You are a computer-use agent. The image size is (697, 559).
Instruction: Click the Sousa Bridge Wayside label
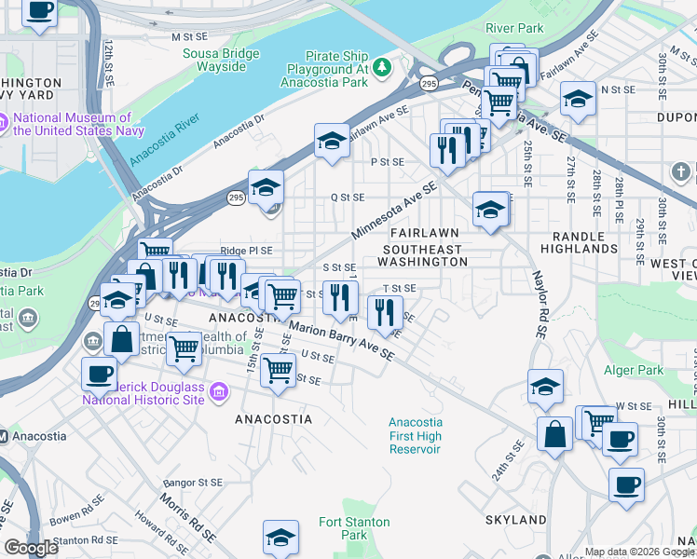[221, 61]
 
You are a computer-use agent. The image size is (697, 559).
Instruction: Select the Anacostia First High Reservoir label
[415, 436]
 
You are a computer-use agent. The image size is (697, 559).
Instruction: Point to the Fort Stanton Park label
[354, 528]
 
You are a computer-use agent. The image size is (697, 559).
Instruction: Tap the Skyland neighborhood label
[515, 519]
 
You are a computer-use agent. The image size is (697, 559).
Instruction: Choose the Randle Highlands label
[584, 241]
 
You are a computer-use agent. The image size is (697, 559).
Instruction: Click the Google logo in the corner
[31, 548]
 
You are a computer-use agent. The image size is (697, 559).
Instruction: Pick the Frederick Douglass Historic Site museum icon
[219, 392]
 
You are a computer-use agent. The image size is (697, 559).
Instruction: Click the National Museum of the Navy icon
[5, 120]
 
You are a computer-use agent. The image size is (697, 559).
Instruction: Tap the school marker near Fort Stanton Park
[280, 537]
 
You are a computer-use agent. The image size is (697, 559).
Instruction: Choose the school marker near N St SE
[578, 100]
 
